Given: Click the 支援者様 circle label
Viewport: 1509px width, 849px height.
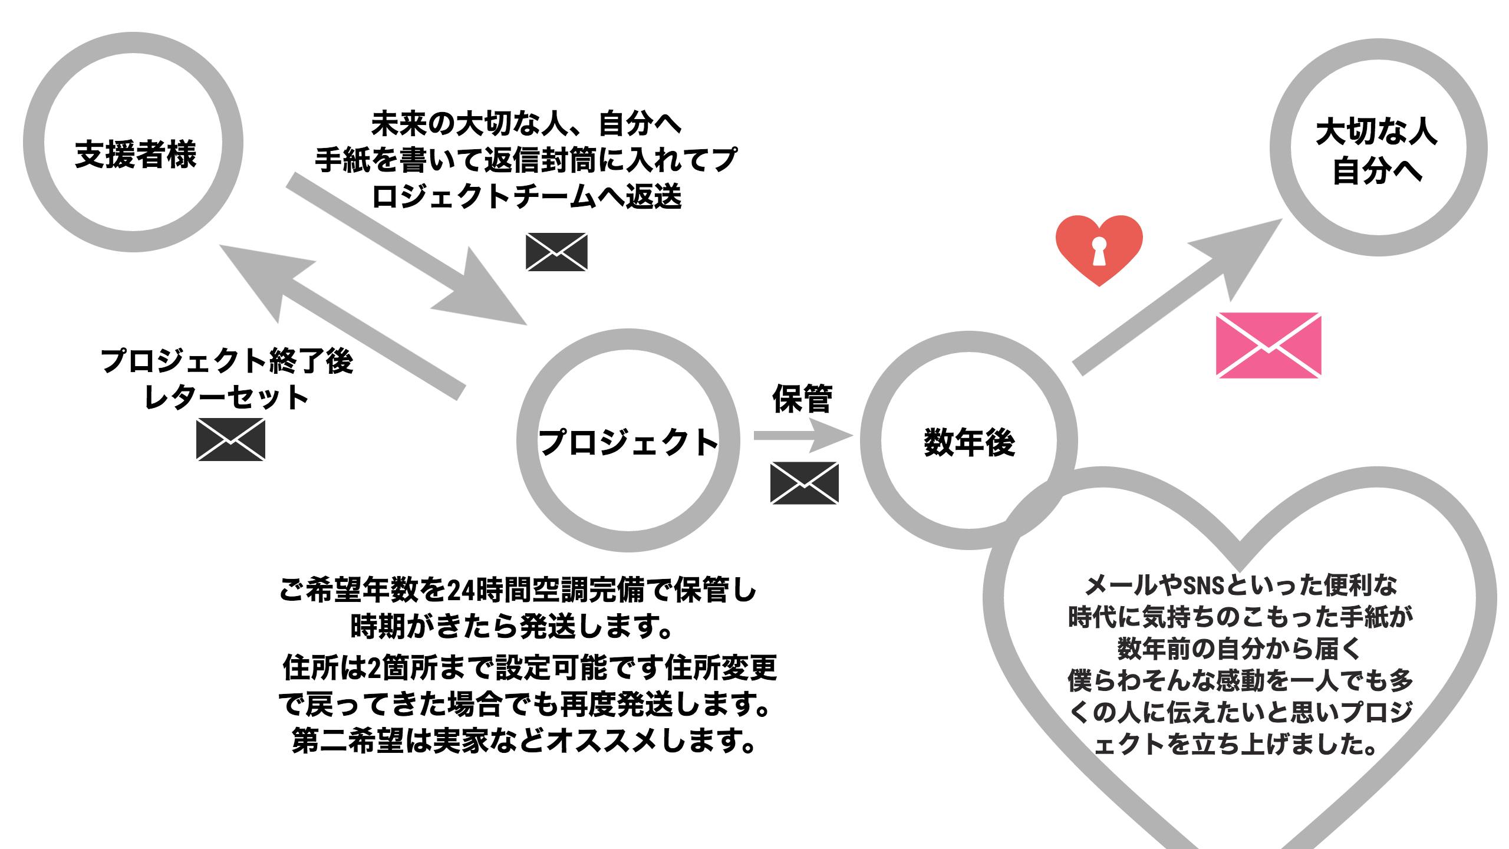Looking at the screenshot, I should coord(136,154).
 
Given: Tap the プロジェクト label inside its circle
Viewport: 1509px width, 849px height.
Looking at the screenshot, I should coord(628,442).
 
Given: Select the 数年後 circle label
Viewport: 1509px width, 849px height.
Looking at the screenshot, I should coord(969,443).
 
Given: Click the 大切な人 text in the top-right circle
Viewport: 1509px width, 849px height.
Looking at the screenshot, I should coord(1376,133).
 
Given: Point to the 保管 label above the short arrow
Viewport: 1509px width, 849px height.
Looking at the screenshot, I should coord(802,399).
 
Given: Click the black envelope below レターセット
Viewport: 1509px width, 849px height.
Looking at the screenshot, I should coord(230,439).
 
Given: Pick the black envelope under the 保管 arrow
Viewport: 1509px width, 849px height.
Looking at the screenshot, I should coord(804,482).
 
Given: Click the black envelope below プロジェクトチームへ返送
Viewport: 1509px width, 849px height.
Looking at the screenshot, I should coord(556,252).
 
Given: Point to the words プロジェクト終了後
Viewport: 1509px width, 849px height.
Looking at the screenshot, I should coord(227,361).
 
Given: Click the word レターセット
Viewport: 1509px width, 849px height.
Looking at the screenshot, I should coord(227,397).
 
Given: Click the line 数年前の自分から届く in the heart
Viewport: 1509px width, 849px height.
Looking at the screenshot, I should coord(1239,649).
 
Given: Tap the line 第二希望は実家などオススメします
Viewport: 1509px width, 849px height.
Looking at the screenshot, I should coord(525,741).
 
